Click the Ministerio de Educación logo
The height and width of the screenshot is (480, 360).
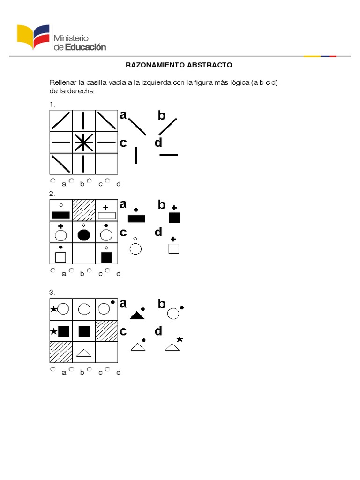(x=61, y=37)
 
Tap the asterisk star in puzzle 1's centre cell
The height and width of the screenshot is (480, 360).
(x=83, y=142)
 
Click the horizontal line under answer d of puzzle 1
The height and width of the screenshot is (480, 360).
(x=169, y=154)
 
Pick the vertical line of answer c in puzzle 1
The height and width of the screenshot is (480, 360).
(x=136, y=155)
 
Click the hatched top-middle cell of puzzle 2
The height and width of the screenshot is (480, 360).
(x=83, y=210)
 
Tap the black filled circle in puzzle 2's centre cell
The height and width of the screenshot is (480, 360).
(x=83, y=235)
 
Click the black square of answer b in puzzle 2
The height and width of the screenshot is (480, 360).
(x=174, y=217)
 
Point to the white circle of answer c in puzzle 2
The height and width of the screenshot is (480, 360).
(x=135, y=249)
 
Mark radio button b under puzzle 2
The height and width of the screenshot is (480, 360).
(x=71, y=270)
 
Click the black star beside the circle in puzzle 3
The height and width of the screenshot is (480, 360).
(x=53, y=308)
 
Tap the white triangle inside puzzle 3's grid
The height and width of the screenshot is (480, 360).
(x=83, y=352)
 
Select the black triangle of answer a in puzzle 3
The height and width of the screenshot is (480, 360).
(x=136, y=315)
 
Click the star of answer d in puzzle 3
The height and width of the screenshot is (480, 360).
(x=180, y=339)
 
